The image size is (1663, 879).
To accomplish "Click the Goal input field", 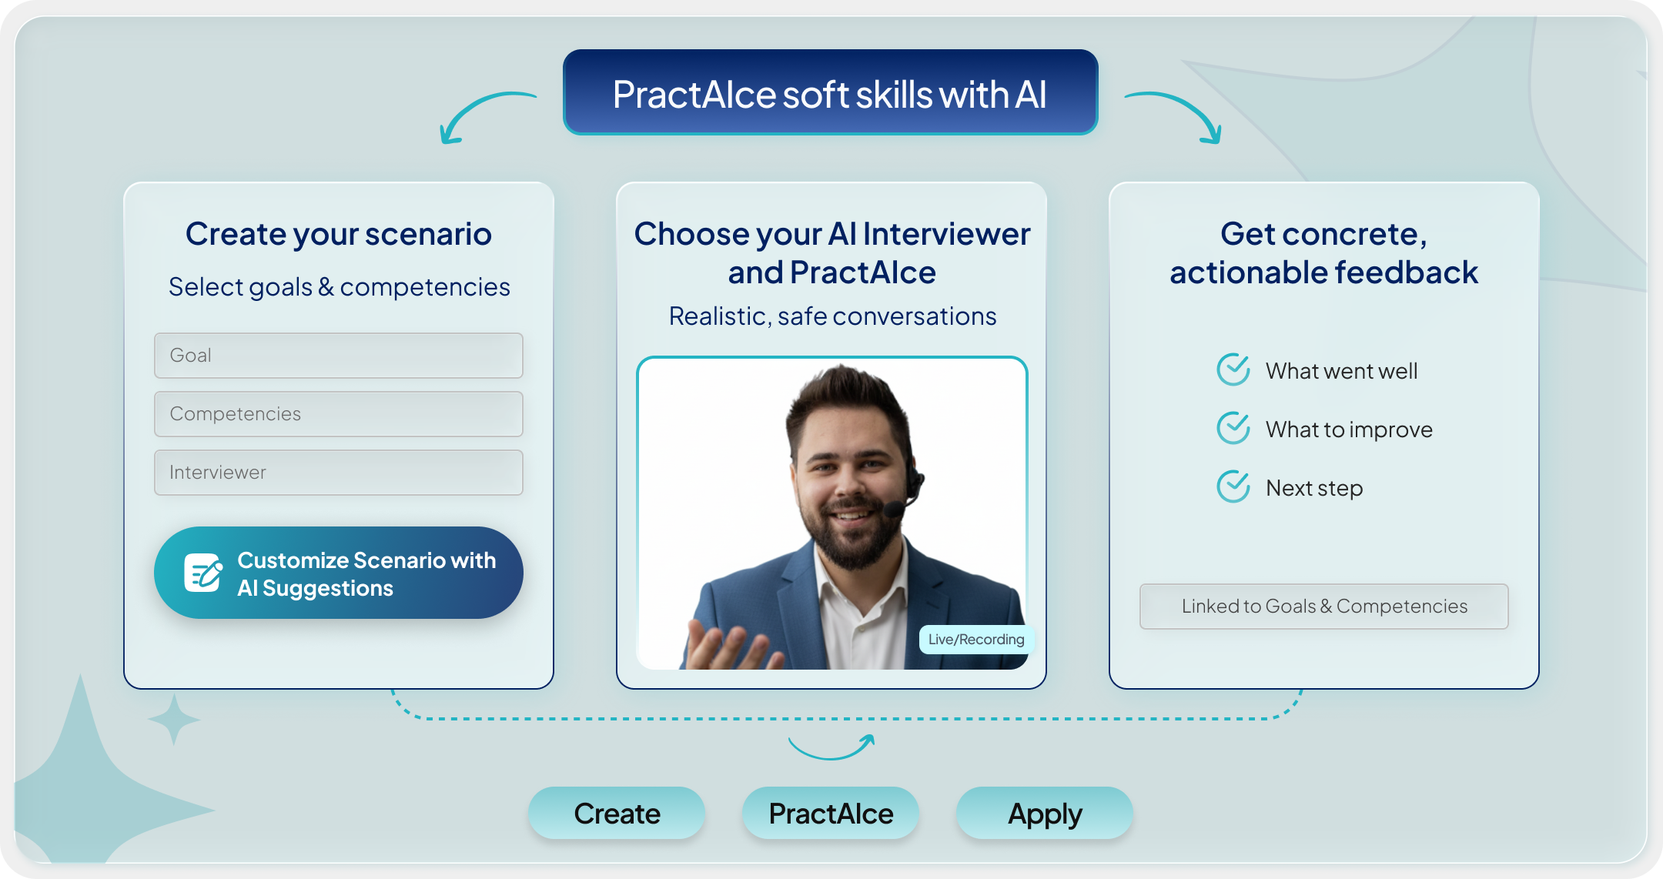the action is [x=339, y=356].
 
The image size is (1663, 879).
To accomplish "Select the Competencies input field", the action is [x=339, y=414].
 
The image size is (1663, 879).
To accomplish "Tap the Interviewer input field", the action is [x=339, y=473].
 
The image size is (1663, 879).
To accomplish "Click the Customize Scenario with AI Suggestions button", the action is [x=339, y=573].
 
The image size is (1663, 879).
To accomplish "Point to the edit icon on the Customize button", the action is [x=203, y=573].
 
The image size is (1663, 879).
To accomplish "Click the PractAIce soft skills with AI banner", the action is [x=831, y=92].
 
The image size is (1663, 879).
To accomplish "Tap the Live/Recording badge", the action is [x=975, y=640].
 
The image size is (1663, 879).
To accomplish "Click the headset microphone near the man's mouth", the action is [x=894, y=509].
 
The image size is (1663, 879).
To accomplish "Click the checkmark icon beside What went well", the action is [x=1233, y=369].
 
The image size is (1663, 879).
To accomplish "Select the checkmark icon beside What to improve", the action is [x=1233, y=428].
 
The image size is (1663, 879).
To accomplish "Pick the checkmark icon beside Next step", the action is [x=1233, y=486].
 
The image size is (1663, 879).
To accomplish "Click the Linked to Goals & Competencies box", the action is [x=1324, y=607].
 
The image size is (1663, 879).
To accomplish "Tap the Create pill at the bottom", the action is [x=617, y=813].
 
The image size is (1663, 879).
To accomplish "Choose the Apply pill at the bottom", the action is [x=1045, y=813].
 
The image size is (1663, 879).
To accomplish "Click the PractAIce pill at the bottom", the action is [x=831, y=813].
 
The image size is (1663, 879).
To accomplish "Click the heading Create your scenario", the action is [x=339, y=234].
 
